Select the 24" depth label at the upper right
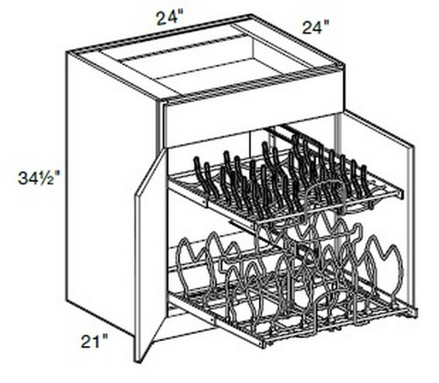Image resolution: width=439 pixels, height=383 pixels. (315, 28)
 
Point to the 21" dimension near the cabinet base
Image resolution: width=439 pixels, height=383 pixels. (94, 342)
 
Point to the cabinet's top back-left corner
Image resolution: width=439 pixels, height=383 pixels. (68, 53)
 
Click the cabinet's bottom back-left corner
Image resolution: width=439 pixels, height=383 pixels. (68, 301)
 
